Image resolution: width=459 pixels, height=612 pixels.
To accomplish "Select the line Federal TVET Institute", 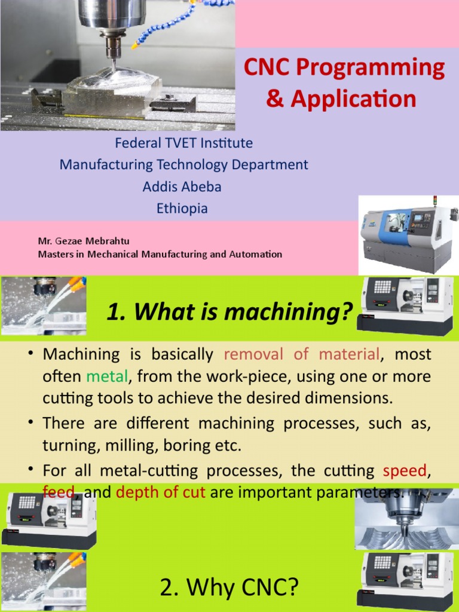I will (183, 143).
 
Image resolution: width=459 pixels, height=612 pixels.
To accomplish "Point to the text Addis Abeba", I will (182, 186).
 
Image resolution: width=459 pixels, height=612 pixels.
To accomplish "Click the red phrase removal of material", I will (302, 354).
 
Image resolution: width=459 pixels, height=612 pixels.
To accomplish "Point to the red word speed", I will (405, 470).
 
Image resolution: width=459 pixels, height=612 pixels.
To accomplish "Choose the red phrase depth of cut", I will (161, 492).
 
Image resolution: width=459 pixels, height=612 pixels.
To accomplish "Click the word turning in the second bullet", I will (65, 445).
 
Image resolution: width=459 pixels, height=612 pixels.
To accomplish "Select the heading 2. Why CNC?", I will (229, 588).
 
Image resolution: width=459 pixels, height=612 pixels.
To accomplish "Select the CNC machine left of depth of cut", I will (49, 519).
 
